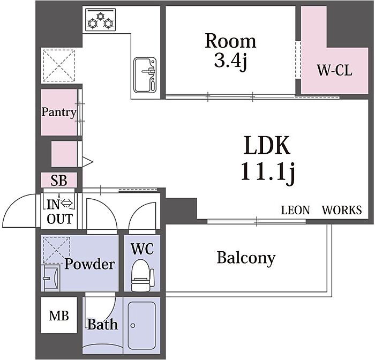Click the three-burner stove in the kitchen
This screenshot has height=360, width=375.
[101, 20]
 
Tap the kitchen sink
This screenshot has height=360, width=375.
[145, 75]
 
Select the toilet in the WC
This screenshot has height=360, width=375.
[142, 275]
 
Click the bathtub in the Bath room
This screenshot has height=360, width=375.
[141, 326]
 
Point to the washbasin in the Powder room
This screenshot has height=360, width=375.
[50, 278]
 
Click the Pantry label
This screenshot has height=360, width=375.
[59, 112]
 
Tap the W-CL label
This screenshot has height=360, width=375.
[335, 71]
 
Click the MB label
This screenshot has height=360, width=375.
[59, 316]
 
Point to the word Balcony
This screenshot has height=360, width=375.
[246, 258]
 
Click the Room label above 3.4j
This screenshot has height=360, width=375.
[230, 41]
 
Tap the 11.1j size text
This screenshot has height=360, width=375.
[267, 171]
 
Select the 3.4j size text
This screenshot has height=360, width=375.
[230, 61]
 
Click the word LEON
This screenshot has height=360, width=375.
[295, 210]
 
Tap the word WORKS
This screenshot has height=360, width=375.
[342, 210]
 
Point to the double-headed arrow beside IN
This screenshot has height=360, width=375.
[67, 204]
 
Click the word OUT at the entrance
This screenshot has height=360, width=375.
[59, 219]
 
